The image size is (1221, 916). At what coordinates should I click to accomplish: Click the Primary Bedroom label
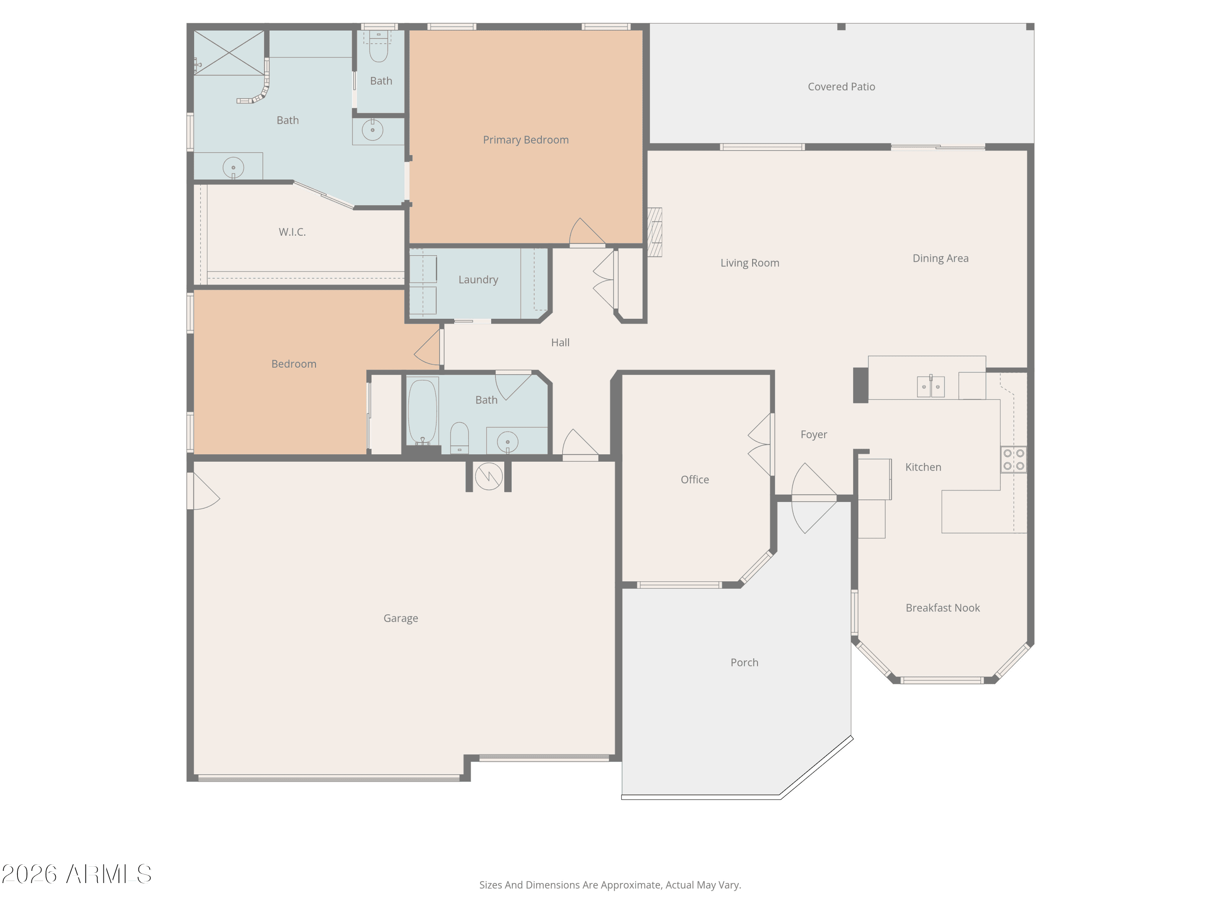pyautogui.click(x=525, y=140)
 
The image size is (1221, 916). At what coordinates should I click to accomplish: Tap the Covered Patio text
pyautogui.click(x=841, y=87)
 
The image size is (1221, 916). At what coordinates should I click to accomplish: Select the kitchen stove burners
pyautogui.click(x=1014, y=459)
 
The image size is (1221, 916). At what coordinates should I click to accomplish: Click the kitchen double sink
pyautogui.click(x=931, y=386)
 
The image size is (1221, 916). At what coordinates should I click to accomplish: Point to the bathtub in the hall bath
pyautogui.click(x=423, y=411)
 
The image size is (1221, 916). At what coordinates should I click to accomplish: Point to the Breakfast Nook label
pyautogui.click(x=943, y=608)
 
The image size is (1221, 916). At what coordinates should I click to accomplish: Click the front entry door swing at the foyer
pyautogui.click(x=814, y=498)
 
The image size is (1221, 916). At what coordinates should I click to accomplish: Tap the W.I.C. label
pyautogui.click(x=292, y=232)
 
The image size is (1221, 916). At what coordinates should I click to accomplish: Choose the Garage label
pyautogui.click(x=401, y=618)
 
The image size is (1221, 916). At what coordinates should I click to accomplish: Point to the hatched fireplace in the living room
pyautogui.click(x=654, y=232)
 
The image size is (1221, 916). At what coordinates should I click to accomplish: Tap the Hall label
pyautogui.click(x=560, y=342)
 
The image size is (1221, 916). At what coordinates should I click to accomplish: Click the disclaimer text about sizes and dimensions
pyautogui.click(x=610, y=885)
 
